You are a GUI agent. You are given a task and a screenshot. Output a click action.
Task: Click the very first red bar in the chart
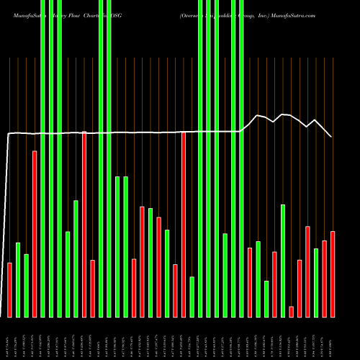[10, 289]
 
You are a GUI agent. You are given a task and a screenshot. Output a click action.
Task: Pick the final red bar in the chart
[333, 274]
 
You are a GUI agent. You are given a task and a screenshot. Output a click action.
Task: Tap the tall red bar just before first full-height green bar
[35, 233]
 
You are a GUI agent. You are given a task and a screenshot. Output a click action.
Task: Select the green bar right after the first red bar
[18, 279]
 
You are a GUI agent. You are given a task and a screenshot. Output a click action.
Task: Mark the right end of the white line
[331, 137]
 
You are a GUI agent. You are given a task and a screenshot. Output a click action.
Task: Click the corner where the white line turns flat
[9, 134]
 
